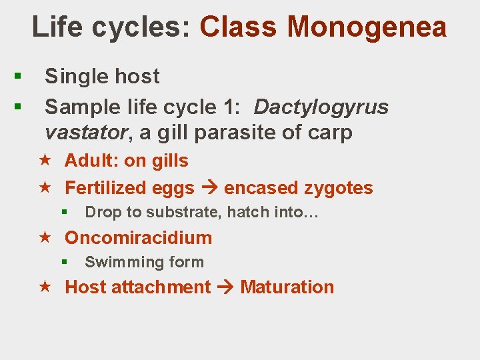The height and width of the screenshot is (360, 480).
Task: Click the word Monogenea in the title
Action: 367,27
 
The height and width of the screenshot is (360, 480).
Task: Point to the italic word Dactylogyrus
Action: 321,107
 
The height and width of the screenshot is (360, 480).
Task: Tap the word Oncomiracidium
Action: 138,238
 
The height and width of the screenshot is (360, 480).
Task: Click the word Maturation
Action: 287,287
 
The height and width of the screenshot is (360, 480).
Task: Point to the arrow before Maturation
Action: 225,287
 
